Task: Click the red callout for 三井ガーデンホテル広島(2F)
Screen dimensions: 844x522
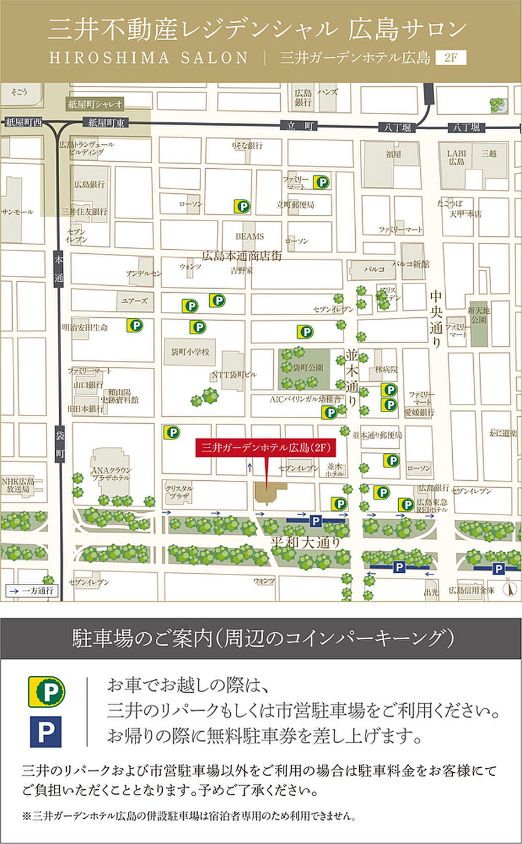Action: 266,448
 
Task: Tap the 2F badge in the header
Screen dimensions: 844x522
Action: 451,58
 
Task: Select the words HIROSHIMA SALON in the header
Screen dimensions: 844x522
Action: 149,58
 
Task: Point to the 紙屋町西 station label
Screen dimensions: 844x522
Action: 24,122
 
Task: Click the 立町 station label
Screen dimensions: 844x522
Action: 300,126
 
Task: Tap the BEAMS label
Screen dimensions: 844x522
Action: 249,236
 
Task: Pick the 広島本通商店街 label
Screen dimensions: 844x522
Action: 242,256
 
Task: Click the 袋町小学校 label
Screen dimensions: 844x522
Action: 190,352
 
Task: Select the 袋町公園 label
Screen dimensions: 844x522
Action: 308,368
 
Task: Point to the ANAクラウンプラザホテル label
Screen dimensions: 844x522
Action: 111,474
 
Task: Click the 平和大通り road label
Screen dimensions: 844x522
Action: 305,542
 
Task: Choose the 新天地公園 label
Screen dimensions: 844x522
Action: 479,315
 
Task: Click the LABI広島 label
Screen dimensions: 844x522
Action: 456,157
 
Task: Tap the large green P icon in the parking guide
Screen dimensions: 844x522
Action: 47,691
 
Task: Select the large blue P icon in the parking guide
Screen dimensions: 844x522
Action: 46,732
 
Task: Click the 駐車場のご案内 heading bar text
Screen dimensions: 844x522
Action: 262,639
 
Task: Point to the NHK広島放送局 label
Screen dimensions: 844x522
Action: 18,485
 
